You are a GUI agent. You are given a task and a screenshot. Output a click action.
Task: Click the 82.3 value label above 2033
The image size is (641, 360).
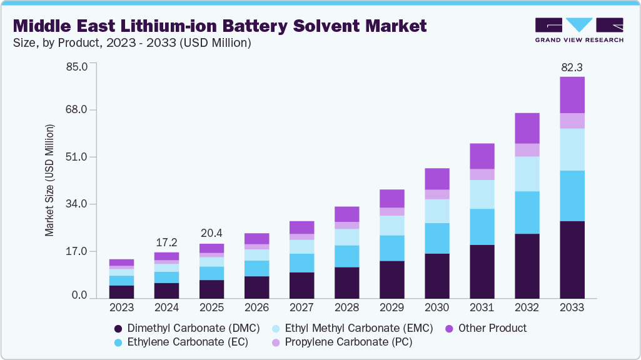click(x=572, y=67)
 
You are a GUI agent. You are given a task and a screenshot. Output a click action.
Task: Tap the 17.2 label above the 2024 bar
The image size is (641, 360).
click(x=166, y=241)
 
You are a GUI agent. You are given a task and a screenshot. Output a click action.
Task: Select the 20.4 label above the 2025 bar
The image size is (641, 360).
click(x=211, y=233)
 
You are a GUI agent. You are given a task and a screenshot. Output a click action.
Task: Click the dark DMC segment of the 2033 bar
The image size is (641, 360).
click(x=572, y=259)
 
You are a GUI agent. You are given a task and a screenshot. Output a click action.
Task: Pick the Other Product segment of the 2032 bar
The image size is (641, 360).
click(x=527, y=128)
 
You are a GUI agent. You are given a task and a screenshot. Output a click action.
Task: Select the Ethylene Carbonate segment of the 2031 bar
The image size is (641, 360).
click(x=482, y=226)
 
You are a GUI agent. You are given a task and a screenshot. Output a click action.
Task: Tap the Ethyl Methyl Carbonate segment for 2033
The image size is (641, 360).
click(x=572, y=149)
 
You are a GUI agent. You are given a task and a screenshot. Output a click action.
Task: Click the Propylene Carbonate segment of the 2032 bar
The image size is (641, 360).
click(x=527, y=150)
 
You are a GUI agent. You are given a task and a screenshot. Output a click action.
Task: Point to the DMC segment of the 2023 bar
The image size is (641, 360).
click(x=121, y=292)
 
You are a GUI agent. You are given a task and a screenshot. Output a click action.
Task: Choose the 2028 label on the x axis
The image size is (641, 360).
click(x=346, y=307)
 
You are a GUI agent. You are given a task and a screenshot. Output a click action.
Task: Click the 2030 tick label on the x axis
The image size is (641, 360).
click(x=437, y=307)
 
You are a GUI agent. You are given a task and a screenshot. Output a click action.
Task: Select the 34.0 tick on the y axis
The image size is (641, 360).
click(x=77, y=204)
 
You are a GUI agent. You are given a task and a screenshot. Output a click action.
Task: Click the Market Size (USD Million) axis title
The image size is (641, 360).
click(x=49, y=180)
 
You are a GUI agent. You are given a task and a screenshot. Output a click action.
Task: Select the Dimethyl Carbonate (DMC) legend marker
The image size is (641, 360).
click(x=118, y=328)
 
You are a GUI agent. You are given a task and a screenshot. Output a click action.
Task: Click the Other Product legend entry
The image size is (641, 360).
click(x=492, y=328)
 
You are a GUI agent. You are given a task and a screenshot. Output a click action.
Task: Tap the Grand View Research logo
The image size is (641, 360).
click(x=578, y=29)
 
